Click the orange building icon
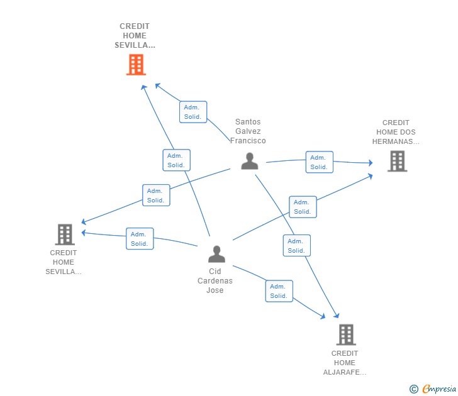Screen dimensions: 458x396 (136, 65)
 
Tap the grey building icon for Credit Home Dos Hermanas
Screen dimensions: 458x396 (397, 161)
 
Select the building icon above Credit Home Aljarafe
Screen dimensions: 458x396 (346, 334)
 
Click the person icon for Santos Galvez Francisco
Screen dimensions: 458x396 (250, 161)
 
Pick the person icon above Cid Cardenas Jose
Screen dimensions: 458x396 (216, 254)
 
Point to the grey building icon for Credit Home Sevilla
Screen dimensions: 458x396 (65, 234)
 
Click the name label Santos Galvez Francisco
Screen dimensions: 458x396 (248, 131)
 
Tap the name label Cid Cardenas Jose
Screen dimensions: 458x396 (215, 281)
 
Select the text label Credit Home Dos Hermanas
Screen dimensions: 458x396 (396, 132)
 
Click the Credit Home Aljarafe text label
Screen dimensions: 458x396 (345, 363)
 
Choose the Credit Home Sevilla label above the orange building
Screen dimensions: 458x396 (135, 36)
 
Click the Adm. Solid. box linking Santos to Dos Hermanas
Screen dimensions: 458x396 (319, 162)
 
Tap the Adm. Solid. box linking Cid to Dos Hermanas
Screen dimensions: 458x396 (303, 207)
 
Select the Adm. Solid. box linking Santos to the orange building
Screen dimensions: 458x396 (193, 112)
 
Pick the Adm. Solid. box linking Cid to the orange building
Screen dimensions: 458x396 (176, 160)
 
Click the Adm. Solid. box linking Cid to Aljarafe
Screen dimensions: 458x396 (279, 291)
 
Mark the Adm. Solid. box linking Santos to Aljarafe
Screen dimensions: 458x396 (297, 246)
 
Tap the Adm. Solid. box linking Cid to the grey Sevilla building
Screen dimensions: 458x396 (140, 239)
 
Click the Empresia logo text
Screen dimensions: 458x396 (439, 388)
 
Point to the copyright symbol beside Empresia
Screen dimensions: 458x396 (414, 389)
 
